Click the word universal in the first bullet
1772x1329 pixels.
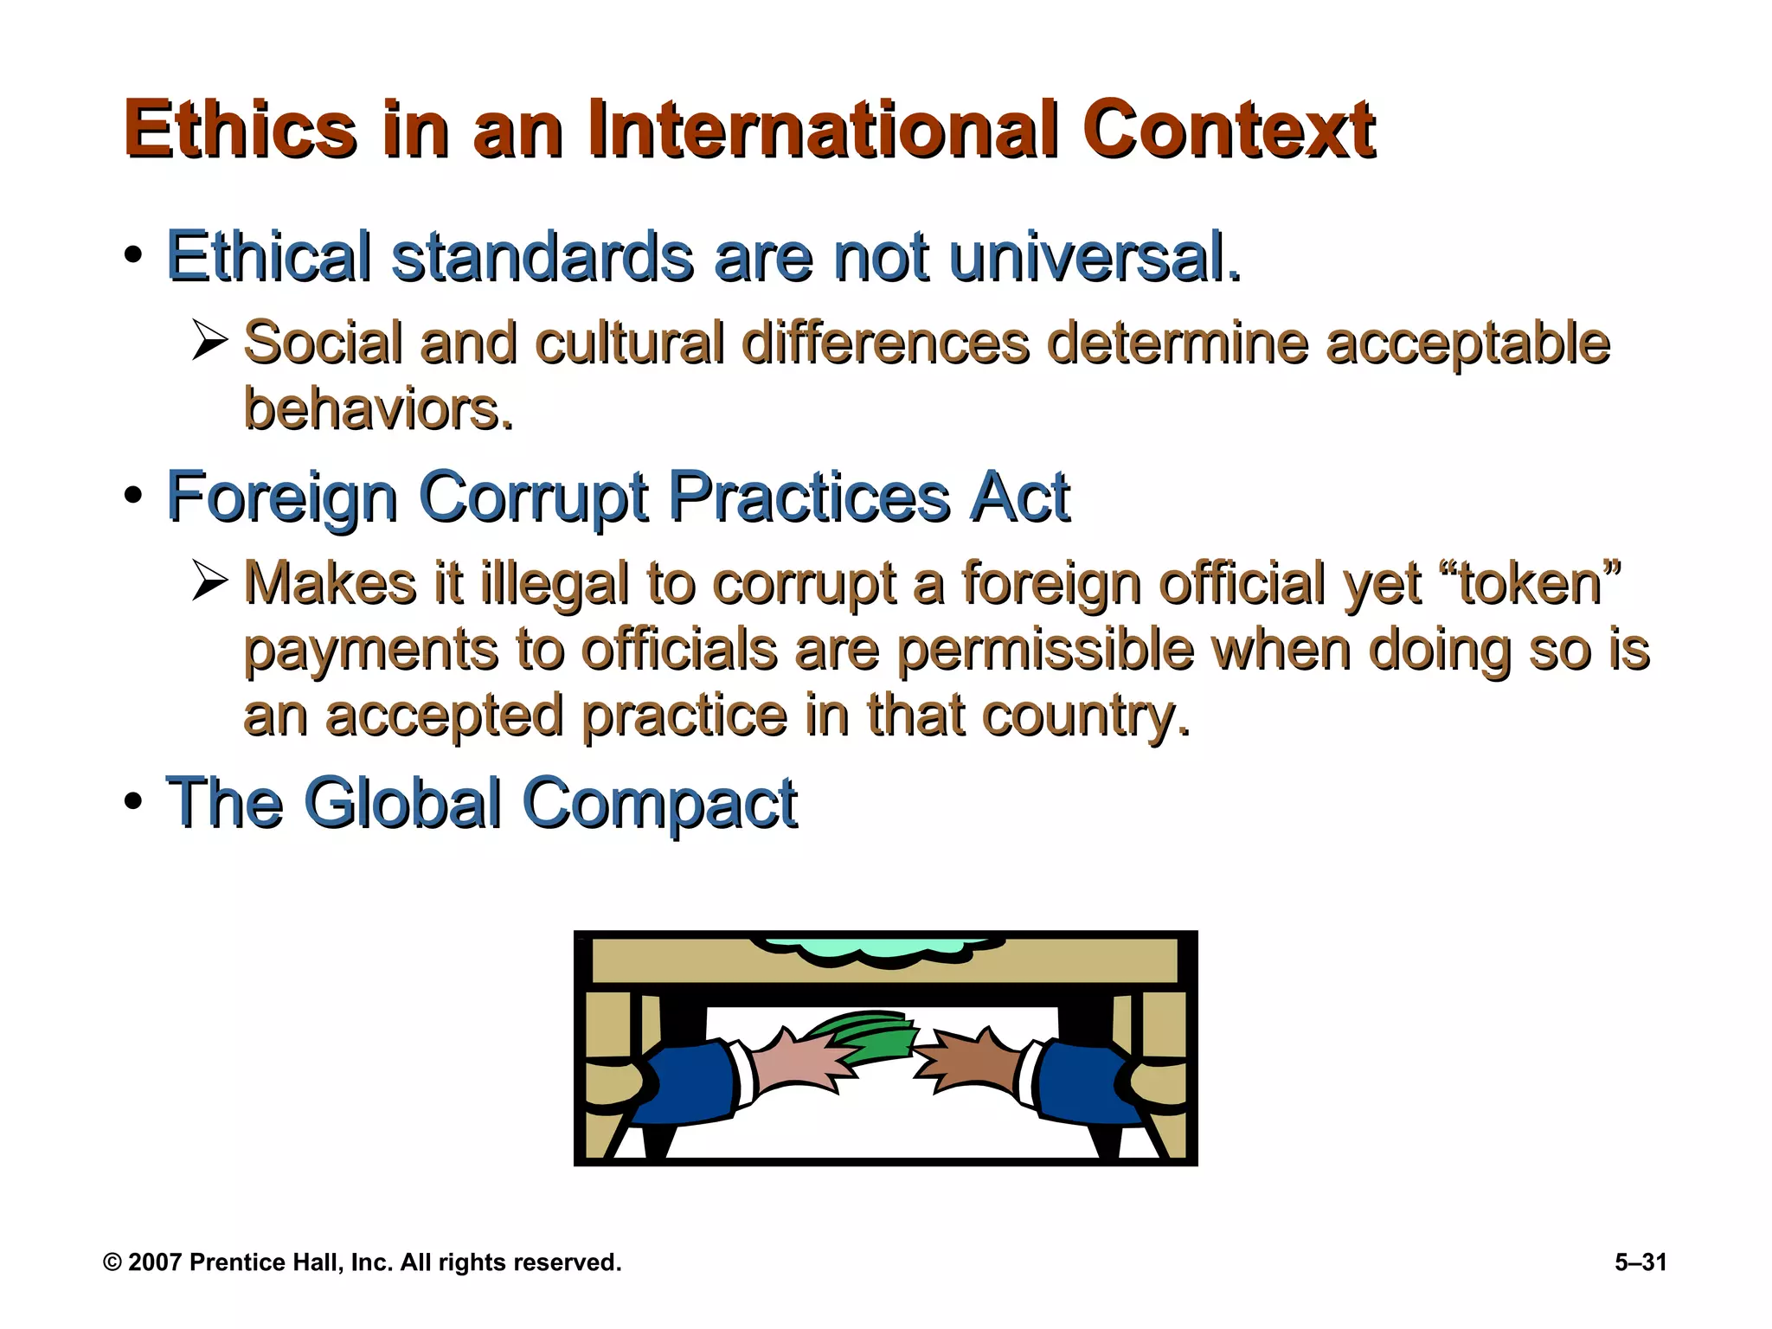click(x=1094, y=257)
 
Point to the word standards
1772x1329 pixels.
click(x=542, y=257)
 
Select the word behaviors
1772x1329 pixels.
click(x=378, y=408)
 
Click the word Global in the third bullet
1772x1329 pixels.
click(x=402, y=803)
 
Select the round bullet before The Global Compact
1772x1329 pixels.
click(x=132, y=801)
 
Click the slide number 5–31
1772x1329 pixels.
click(x=1640, y=1262)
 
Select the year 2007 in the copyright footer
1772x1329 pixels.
click(x=155, y=1262)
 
